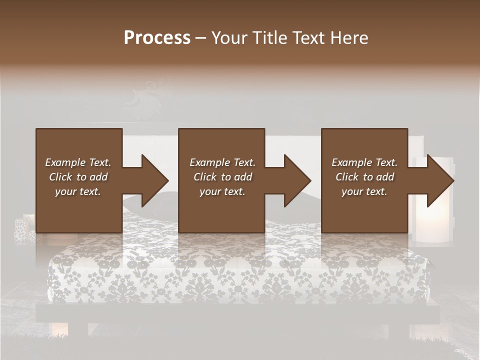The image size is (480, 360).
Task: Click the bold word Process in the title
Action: point(157,38)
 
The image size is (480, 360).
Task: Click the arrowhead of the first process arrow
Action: point(155,180)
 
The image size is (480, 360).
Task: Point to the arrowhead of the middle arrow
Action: point(297,180)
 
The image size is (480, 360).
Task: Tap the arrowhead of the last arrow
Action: point(440,180)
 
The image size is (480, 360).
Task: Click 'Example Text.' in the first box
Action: point(78,162)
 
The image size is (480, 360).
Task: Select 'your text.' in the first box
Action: point(78,191)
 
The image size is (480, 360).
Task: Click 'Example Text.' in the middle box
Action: point(222,162)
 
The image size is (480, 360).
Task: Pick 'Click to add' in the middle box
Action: point(222,177)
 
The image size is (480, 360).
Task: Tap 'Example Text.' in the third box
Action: point(364,162)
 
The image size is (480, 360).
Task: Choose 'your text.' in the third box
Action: point(364,191)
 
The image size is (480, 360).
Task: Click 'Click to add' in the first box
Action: point(78,177)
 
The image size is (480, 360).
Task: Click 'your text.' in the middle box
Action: point(222,191)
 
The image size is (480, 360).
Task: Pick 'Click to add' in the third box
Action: point(364,177)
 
